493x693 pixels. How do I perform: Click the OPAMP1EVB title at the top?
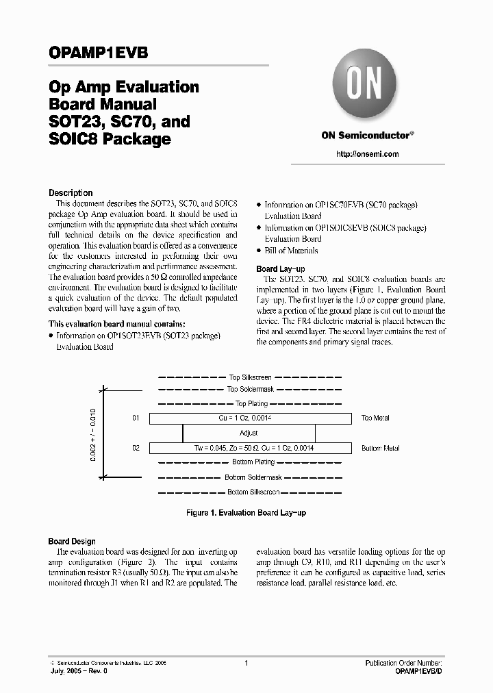[x=98, y=53]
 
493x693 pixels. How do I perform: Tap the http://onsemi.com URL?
[x=367, y=154]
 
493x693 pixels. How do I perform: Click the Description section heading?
[x=71, y=193]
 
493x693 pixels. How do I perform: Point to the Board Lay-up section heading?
[x=281, y=269]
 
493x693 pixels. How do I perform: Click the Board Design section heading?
[x=72, y=542]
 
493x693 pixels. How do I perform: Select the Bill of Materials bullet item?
[x=291, y=251]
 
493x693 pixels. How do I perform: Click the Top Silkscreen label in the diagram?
[x=249, y=377]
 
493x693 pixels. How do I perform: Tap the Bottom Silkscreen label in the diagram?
[x=249, y=492]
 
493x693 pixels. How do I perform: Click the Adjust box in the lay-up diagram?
[x=249, y=433]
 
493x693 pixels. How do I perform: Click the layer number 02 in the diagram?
[x=136, y=448]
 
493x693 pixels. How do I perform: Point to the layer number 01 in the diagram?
[x=136, y=418]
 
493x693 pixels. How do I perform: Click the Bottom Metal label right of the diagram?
[x=380, y=448]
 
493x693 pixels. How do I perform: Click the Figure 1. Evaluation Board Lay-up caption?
[x=246, y=512]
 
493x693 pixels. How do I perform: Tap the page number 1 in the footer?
[x=246, y=664]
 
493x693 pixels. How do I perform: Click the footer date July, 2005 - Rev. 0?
[x=79, y=672]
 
